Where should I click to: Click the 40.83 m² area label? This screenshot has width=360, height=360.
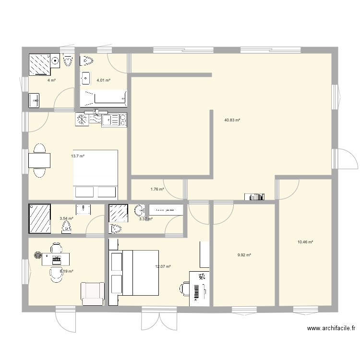(x=232, y=120)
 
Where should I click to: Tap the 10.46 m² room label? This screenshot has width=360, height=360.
(x=305, y=242)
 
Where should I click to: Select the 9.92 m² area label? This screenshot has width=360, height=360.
(x=244, y=255)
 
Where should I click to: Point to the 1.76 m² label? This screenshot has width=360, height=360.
(x=157, y=189)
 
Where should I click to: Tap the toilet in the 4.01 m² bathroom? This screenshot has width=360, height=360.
(x=88, y=60)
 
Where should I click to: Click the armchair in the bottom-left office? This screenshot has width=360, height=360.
(x=92, y=293)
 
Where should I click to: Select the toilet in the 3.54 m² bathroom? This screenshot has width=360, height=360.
(x=67, y=226)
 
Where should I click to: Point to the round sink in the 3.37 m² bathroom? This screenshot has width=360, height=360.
(x=140, y=210)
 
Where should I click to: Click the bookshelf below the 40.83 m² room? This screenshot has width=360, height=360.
(x=254, y=196)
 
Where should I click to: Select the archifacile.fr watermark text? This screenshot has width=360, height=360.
(x=331, y=329)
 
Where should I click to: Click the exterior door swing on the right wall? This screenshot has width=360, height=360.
(x=348, y=159)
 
